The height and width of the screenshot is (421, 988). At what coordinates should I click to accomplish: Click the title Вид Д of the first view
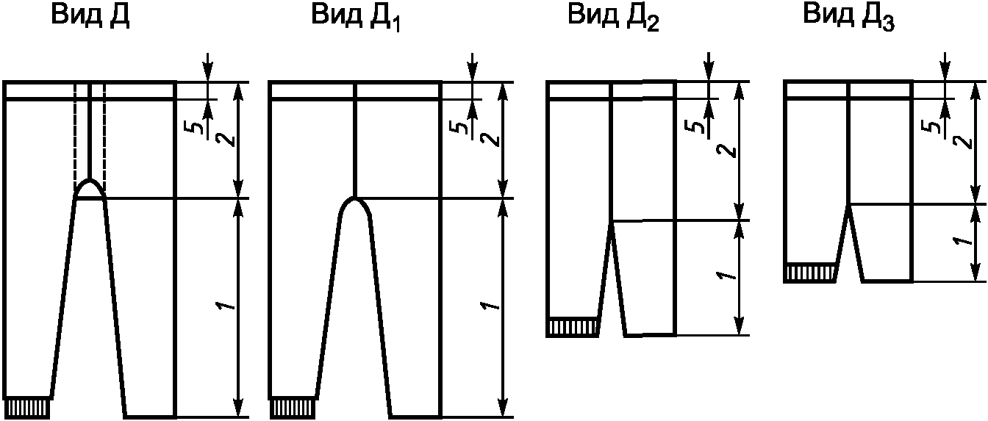(90, 17)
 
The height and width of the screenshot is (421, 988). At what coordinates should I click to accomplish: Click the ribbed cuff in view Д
(27, 407)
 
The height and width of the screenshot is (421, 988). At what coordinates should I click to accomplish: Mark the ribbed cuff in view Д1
(292, 407)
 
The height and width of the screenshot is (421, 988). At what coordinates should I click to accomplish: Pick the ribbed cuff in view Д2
(573, 327)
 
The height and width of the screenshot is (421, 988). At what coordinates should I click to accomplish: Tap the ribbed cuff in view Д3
(810, 273)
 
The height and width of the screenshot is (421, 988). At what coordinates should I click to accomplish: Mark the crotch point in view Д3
(849, 209)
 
